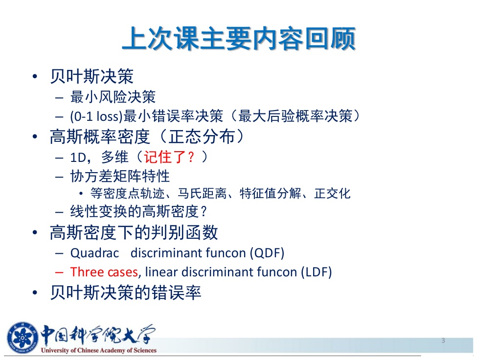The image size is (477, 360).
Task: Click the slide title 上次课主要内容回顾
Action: [x=239, y=39]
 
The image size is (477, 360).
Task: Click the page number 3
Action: [x=443, y=340]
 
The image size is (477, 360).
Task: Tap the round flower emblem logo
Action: [x=22, y=338]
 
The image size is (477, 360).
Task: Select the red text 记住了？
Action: [x=169, y=157]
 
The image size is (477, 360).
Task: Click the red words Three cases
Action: [x=104, y=272]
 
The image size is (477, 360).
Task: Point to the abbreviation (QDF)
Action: [x=267, y=253]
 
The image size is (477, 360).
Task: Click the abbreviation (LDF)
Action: [x=316, y=272]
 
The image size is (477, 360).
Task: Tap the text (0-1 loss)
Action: [x=96, y=116]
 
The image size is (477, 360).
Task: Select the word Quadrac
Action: [x=94, y=253]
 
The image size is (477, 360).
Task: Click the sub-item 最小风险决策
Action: [x=113, y=97]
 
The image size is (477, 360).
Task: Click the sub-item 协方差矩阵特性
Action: [x=120, y=176]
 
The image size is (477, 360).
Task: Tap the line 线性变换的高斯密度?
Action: [x=139, y=211]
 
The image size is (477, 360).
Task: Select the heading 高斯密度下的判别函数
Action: [x=134, y=233]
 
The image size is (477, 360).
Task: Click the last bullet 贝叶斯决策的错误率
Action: [x=126, y=292]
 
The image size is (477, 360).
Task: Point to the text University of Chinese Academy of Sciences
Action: [x=98, y=350]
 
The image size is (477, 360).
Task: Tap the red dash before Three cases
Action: [x=59, y=272]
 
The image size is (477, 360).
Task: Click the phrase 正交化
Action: [x=332, y=193]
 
